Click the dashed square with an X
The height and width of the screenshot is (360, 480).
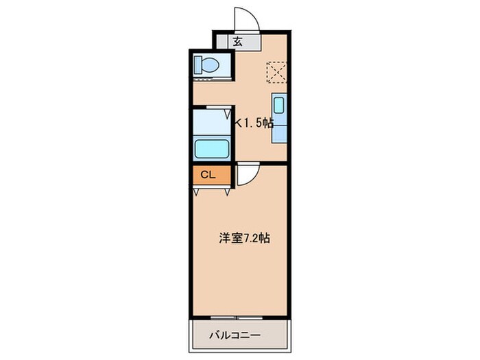(277, 71)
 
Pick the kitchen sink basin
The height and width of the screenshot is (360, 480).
(278, 106)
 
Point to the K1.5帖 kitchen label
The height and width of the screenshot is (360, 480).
(255, 123)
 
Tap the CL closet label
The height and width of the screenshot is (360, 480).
(208, 176)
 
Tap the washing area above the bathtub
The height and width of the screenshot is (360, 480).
(211, 123)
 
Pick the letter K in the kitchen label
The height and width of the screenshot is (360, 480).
(239, 123)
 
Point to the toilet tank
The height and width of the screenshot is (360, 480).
(197, 66)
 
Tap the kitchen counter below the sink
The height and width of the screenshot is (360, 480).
(278, 130)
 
